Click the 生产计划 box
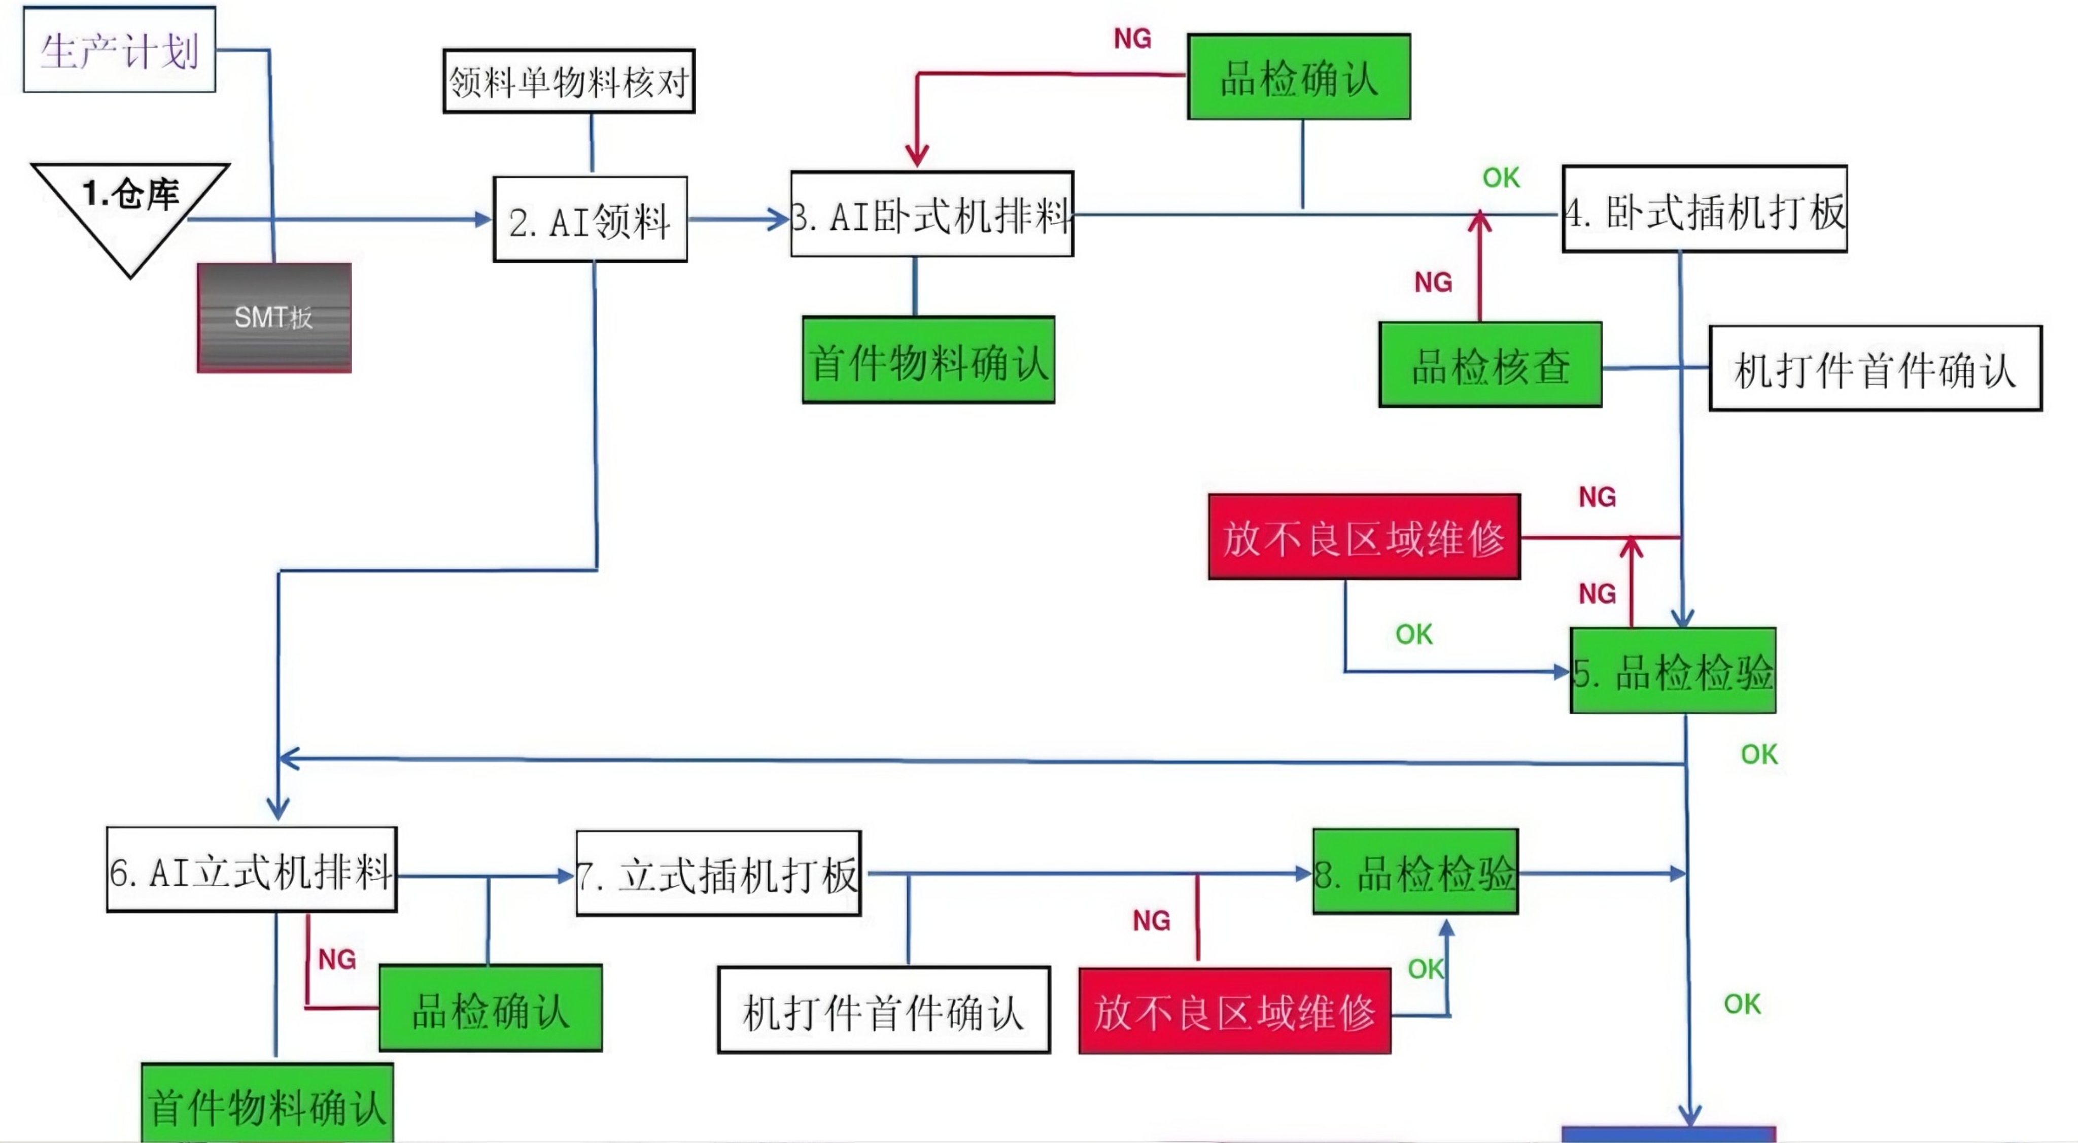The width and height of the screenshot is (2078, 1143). click(x=119, y=50)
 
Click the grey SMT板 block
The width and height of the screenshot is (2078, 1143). click(x=274, y=318)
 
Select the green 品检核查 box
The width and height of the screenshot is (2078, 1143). click(x=1490, y=365)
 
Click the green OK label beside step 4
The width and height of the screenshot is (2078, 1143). click(x=1501, y=178)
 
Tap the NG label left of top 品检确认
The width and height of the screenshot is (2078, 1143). click(x=1132, y=38)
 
